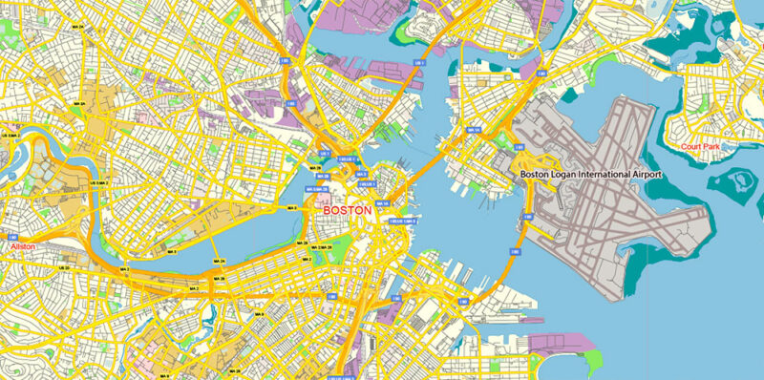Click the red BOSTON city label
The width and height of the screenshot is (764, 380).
pos(347,208)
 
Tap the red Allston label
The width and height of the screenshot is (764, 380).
pos(23,246)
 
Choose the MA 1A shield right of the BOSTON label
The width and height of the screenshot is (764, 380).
pos(383,203)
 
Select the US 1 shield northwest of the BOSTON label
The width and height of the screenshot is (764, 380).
pos(325,154)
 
